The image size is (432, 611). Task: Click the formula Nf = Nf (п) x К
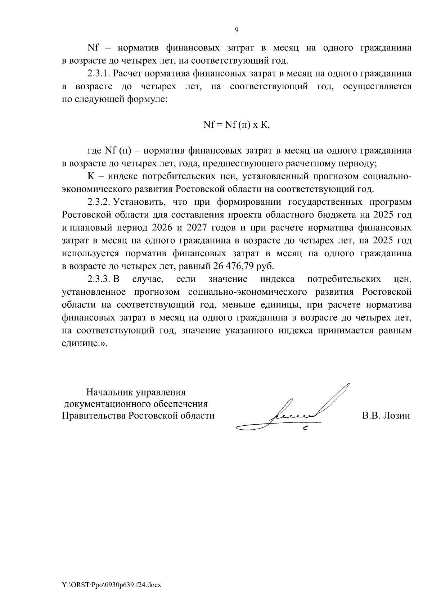click(237, 125)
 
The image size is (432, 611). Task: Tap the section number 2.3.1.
click(99, 74)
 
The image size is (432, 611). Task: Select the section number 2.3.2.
click(99, 202)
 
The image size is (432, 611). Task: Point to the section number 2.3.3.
click(99, 279)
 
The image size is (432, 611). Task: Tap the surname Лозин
click(397, 416)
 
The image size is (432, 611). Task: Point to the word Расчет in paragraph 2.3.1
click(128, 74)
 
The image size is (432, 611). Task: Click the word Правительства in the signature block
click(93, 416)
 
